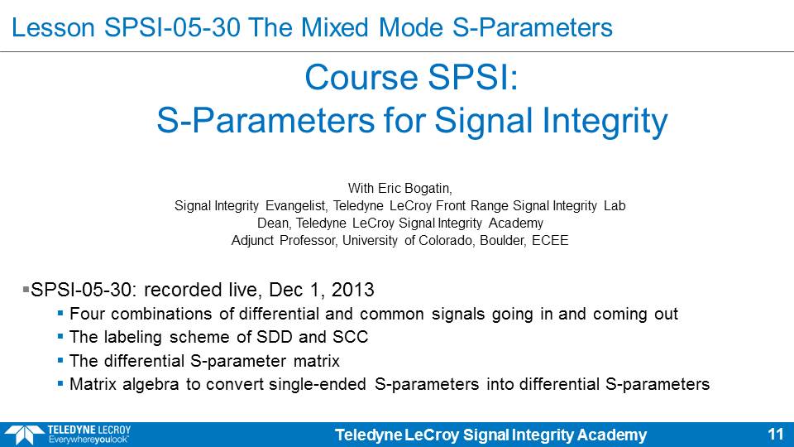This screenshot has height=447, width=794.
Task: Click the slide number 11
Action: [776, 435]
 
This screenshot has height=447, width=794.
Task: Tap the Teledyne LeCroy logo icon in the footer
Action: [25, 435]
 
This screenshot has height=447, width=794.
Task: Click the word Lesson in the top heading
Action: [53, 28]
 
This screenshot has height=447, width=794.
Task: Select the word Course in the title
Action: [361, 78]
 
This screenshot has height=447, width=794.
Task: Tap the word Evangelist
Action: [296, 206]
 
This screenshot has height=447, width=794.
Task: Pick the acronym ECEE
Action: [550, 240]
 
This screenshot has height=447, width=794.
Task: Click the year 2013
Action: [352, 290]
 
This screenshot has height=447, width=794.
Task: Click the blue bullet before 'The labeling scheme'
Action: [60, 337]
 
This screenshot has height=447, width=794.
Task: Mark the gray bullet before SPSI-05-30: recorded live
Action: [26, 290]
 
